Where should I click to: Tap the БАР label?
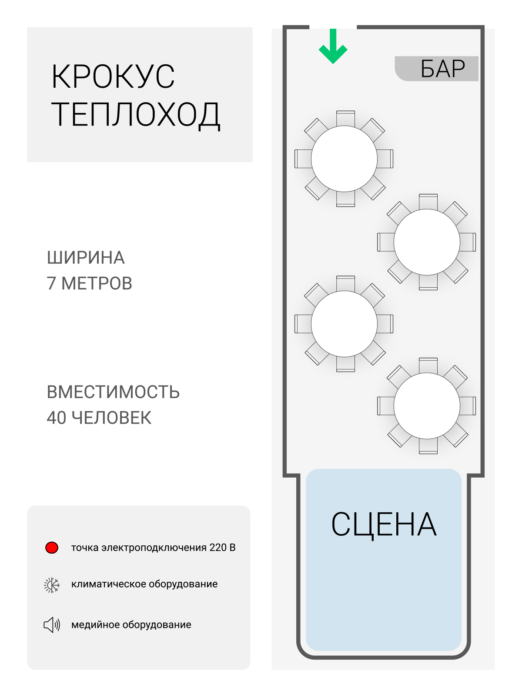pos(442,69)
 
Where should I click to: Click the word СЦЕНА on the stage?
pos(384,524)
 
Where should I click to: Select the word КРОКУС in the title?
pos(113,77)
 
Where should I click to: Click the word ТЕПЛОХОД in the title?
pos(136,114)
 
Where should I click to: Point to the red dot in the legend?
pos(52,548)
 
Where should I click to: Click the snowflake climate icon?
pos(52,585)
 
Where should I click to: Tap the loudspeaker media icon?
pos(52,625)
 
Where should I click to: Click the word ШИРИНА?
pos(86,258)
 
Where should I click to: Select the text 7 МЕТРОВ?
pos(89,283)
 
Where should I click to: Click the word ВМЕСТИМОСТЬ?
pos(113,392)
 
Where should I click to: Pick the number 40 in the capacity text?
pos(56,418)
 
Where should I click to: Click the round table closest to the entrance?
pos(344,159)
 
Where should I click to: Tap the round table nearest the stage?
pos(427,405)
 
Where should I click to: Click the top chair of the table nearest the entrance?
pos(345,118)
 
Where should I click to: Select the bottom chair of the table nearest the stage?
pos(428,446)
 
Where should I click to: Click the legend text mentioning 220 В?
pos(153,548)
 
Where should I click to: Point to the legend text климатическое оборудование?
pos(144,584)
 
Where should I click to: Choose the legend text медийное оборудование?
pos(131,625)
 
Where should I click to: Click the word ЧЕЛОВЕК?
pos(111,418)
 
